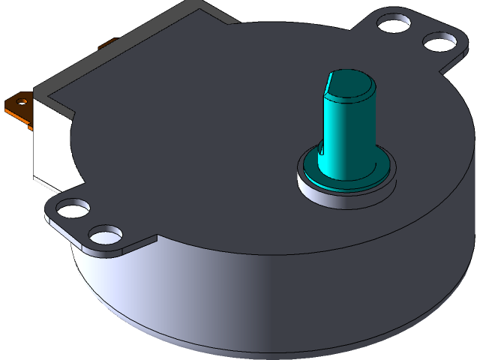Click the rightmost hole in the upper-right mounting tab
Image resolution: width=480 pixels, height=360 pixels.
[437, 41]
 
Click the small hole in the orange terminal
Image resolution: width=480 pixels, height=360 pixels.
[22, 101]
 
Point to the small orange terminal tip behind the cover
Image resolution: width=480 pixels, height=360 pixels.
[107, 43]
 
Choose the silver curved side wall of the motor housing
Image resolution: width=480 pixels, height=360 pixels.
[225, 300]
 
